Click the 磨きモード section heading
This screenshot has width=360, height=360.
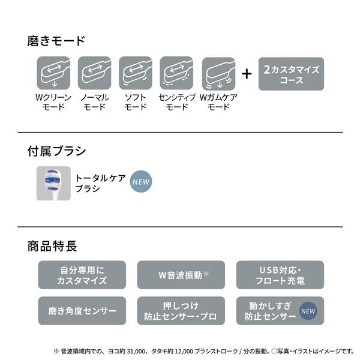56,41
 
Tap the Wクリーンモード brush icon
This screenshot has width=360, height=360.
53,73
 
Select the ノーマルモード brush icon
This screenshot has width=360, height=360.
94,73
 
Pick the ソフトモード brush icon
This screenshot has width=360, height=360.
136,73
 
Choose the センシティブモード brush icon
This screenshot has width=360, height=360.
176,73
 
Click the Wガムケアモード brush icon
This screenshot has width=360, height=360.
218,74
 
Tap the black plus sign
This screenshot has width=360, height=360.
247,74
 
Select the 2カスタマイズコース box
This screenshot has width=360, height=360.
291,74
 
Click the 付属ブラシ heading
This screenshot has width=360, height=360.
56,151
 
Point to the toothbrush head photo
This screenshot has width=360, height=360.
53,183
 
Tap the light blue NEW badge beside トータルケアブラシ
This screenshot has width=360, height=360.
141,182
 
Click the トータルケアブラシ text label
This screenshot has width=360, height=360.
100,183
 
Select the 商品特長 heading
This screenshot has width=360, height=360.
52,246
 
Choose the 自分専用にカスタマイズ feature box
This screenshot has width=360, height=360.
82,275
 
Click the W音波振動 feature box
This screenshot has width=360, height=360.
181,275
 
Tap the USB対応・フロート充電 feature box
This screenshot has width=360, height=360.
280,275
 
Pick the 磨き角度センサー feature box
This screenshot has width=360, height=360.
82,311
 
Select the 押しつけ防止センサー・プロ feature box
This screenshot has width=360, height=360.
181,311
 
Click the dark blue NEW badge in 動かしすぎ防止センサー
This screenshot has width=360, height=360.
308,311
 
